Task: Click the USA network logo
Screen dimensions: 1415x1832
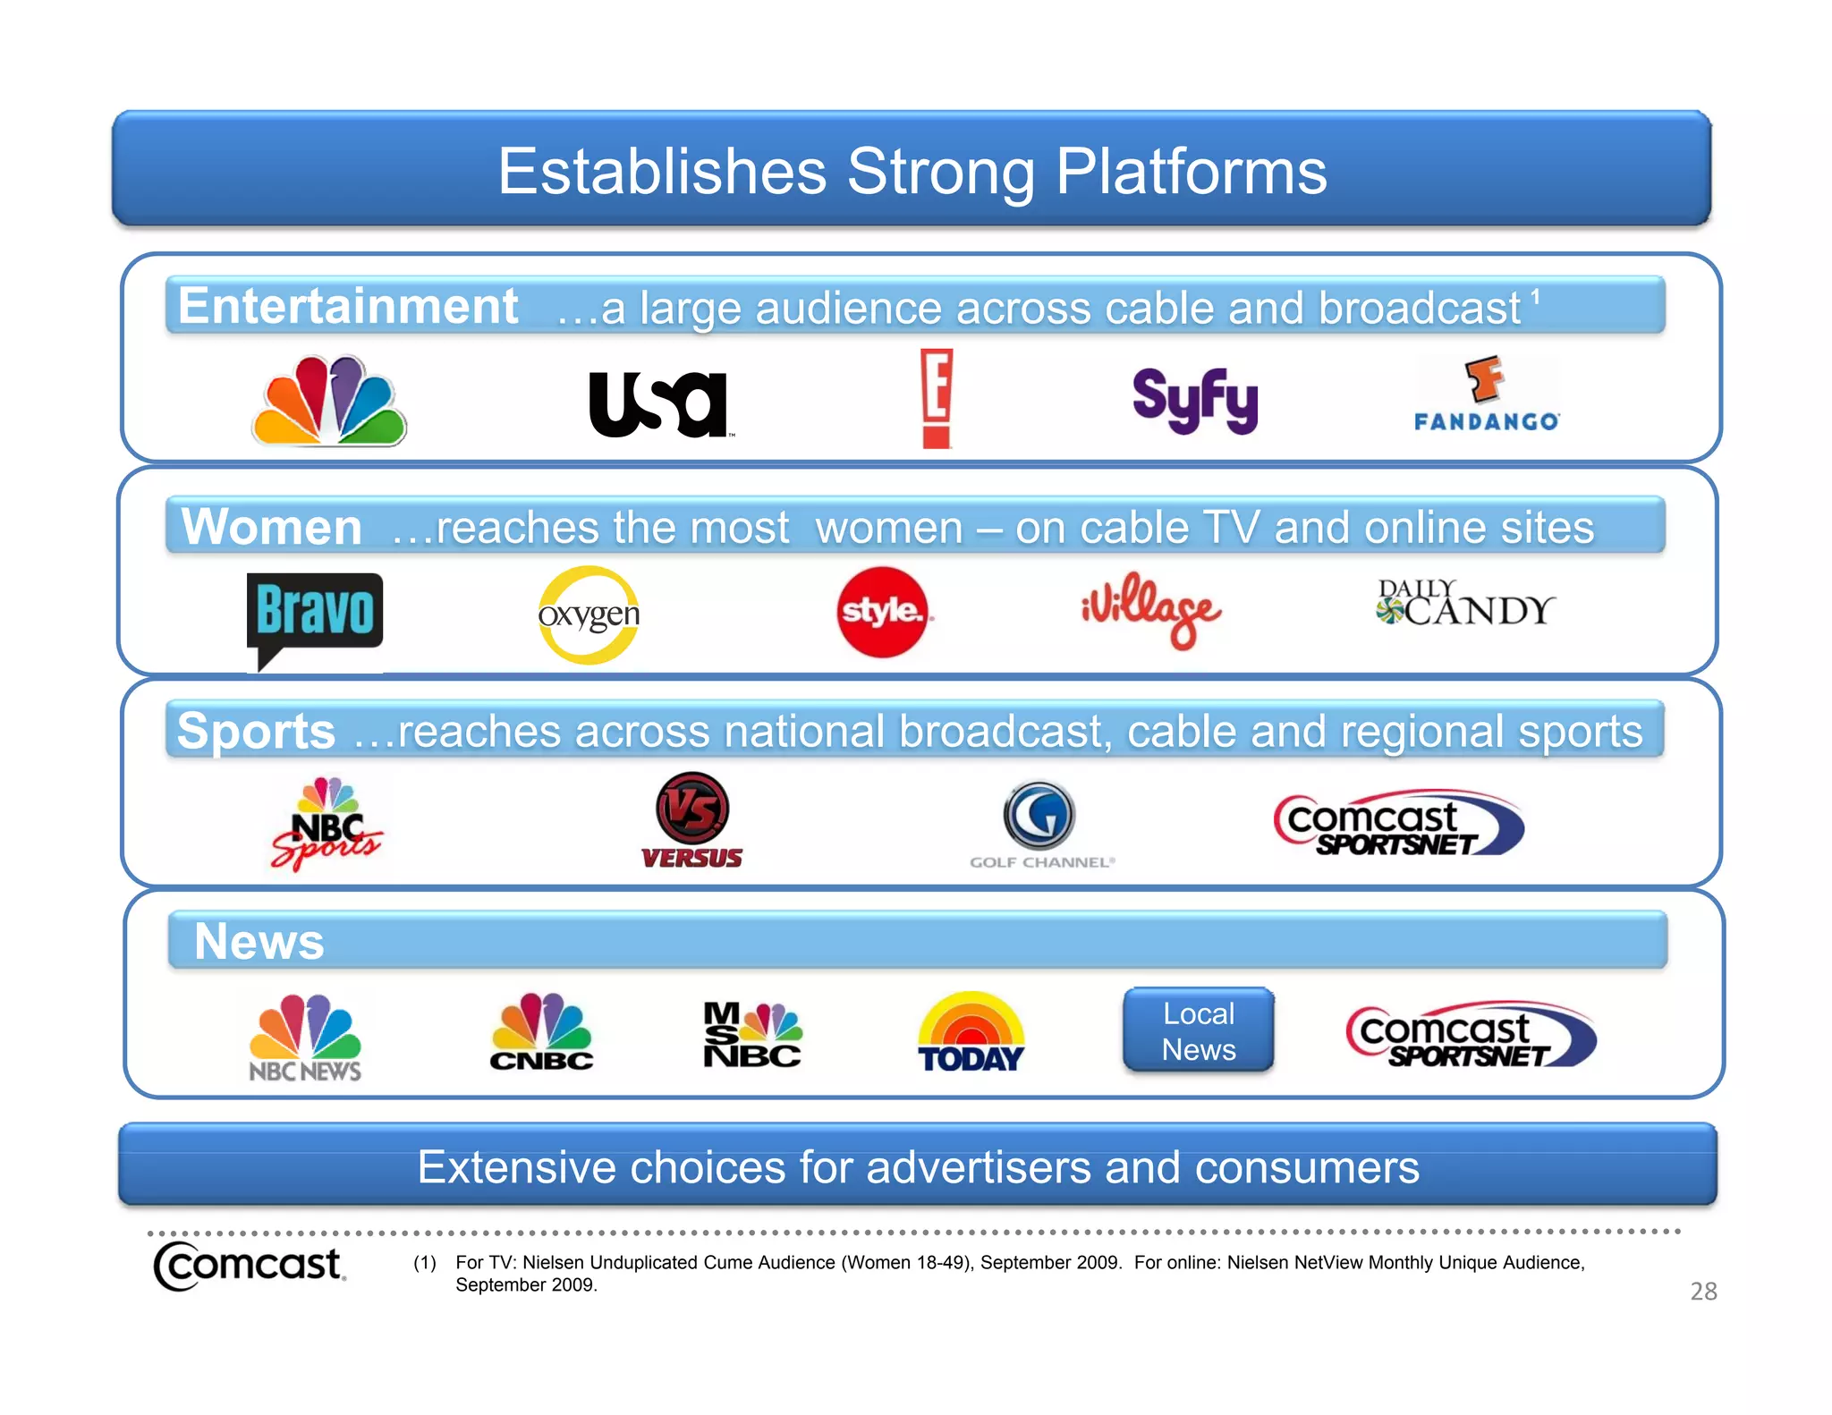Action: (x=658, y=404)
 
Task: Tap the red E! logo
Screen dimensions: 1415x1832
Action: (x=937, y=398)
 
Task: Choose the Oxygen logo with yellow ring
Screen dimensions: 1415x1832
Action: (x=589, y=615)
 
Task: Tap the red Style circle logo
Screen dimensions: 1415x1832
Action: (x=883, y=612)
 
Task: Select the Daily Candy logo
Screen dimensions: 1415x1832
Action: (x=1464, y=604)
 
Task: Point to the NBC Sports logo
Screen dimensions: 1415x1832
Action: (x=327, y=824)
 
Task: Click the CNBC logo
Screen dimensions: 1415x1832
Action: (x=541, y=1033)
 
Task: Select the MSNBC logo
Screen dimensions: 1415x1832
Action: (x=751, y=1035)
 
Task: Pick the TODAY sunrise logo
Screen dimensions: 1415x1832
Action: (x=971, y=1033)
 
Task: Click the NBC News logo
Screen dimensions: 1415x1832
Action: (x=305, y=1038)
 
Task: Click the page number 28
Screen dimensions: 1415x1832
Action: (x=1703, y=1291)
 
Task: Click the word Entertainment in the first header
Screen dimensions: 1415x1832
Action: (x=347, y=306)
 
